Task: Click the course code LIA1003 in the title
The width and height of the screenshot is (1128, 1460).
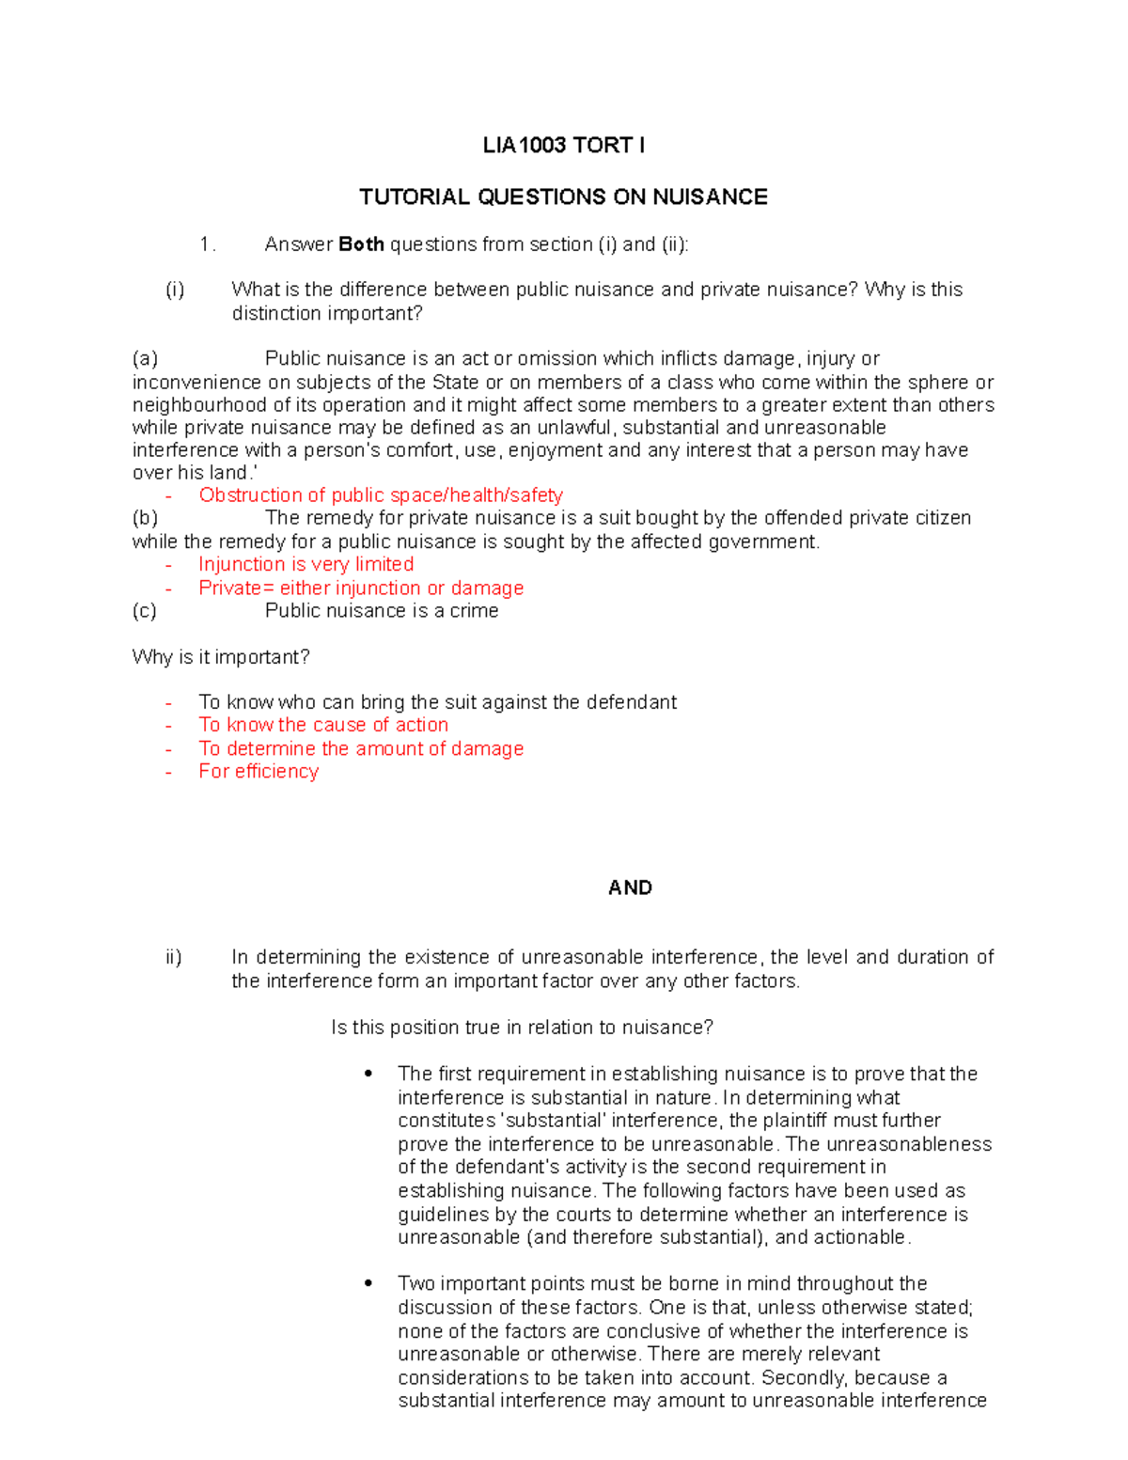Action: coord(524,146)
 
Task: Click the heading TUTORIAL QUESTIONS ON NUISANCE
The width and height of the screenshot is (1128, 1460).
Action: coord(563,197)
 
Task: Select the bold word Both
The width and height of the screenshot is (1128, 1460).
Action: coord(361,244)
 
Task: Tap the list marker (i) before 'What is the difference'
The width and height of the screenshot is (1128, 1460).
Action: coord(175,290)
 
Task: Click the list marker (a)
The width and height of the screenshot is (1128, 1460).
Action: coord(145,359)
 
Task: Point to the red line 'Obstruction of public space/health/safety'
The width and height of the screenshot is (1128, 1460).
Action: coord(381,495)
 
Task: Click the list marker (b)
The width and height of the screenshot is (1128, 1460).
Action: coord(145,518)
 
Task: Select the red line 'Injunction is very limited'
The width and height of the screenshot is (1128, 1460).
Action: coord(305,564)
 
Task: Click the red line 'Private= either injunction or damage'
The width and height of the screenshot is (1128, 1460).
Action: coord(361,589)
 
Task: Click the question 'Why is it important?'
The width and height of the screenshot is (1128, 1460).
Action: coord(221,657)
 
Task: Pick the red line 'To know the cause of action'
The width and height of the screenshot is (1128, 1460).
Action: coord(323,725)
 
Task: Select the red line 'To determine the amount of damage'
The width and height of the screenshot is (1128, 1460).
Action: coord(361,749)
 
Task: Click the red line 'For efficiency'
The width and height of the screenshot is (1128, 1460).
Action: coord(258,772)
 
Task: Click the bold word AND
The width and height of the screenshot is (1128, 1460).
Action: coord(630,888)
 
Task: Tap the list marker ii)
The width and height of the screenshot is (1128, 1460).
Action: coord(173,958)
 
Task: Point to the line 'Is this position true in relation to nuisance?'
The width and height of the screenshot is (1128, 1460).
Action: coord(522,1028)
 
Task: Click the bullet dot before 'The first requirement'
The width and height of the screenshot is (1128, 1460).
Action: coord(368,1074)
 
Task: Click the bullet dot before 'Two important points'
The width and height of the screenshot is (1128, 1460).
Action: coord(368,1283)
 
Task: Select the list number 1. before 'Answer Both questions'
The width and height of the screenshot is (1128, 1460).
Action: coord(208,244)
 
